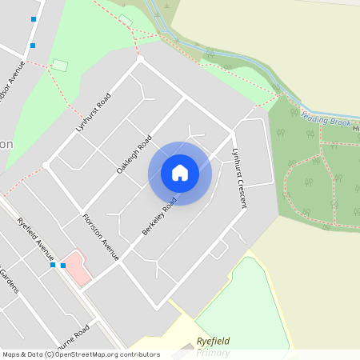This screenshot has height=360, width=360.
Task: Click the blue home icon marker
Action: point(180,173)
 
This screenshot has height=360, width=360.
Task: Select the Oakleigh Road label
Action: point(134,154)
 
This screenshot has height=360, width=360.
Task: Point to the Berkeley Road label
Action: point(159,217)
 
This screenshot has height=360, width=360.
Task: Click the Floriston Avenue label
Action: point(100,237)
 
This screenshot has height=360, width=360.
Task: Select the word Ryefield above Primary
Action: point(214,342)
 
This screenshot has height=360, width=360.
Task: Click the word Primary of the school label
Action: point(214,353)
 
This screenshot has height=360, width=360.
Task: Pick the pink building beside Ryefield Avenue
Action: point(74,270)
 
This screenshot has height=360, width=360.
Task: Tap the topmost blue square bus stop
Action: point(33,19)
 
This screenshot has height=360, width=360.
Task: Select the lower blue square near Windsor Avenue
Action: point(33,46)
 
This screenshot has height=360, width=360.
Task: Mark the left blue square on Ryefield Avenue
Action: point(53,265)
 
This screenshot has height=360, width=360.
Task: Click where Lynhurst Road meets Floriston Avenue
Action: point(46,164)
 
